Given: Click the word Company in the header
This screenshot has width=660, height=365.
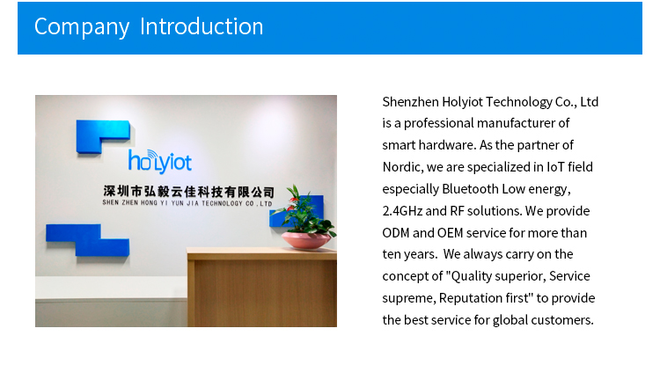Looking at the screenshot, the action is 82,27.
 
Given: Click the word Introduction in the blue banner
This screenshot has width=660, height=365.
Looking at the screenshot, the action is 202,26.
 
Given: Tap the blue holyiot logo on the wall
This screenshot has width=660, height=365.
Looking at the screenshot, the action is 160,162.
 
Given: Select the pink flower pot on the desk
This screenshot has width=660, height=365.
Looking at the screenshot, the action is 306,240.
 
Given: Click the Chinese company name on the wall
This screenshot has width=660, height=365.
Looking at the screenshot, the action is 188,192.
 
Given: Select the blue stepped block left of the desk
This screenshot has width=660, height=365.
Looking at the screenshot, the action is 87,240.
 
